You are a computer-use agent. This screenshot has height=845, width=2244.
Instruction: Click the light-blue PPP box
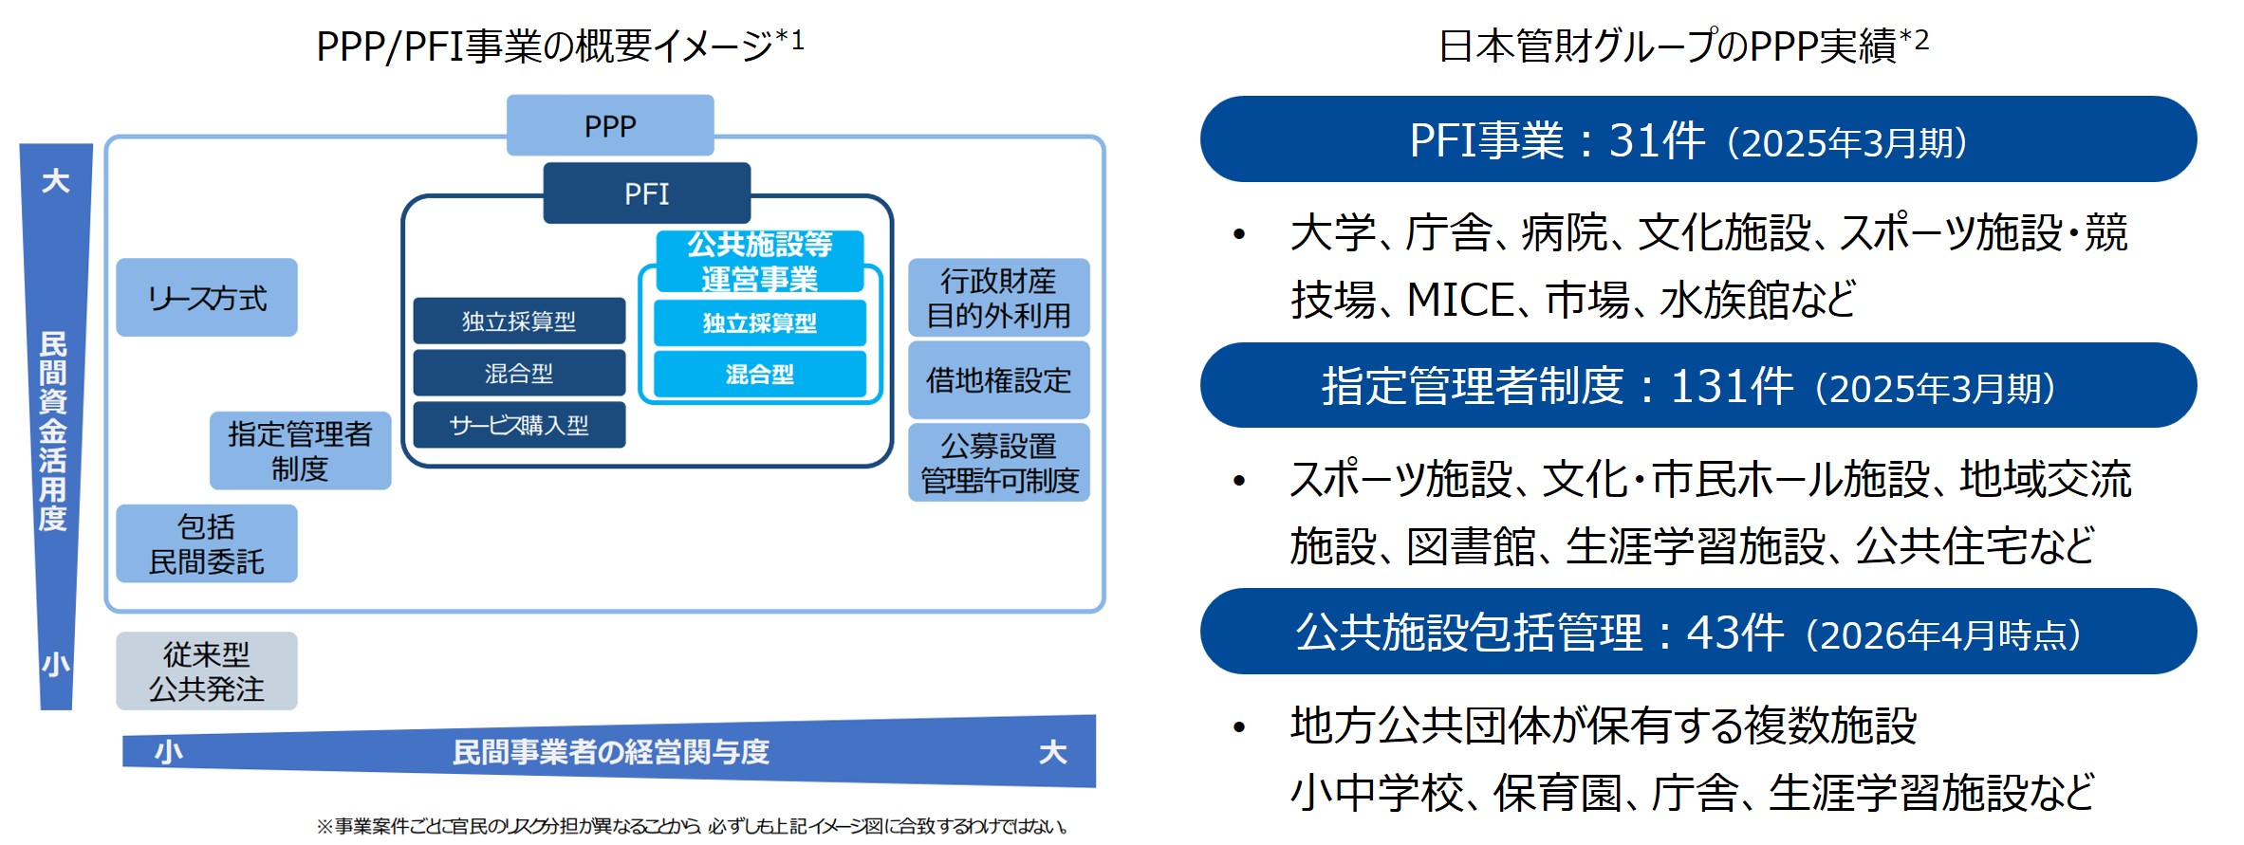[x=610, y=125]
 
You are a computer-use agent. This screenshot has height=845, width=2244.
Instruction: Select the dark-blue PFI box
[x=646, y=193]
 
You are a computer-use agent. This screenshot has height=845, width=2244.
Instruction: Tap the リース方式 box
[x=207, y=298]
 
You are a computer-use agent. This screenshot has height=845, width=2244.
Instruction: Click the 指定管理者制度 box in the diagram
[x=300, y=450]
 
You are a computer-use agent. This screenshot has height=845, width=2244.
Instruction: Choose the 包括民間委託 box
[x=207, y=543]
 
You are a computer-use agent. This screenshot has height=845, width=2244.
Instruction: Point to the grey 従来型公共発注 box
[x=207, y=670]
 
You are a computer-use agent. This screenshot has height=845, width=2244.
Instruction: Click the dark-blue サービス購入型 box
[x=519, y=425]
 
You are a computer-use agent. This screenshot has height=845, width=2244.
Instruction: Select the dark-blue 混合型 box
[x=519, y=373]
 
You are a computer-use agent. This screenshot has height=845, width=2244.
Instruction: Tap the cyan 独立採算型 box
[x=759, y=323]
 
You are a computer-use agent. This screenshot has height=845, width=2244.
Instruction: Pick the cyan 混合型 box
[x=759, y=374]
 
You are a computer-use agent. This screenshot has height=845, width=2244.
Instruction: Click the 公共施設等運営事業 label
[x=759, y=262]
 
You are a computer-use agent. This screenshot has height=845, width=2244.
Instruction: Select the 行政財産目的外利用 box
[x=998, y=298]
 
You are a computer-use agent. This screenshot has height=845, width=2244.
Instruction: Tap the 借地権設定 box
[x=998, y=380]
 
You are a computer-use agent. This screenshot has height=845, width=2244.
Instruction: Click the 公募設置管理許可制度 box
[x=998, y=463]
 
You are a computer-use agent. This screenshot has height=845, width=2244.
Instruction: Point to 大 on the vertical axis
[x=56, y=181]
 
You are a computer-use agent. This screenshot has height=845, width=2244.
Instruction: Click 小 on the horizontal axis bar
[x=169, y=752]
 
